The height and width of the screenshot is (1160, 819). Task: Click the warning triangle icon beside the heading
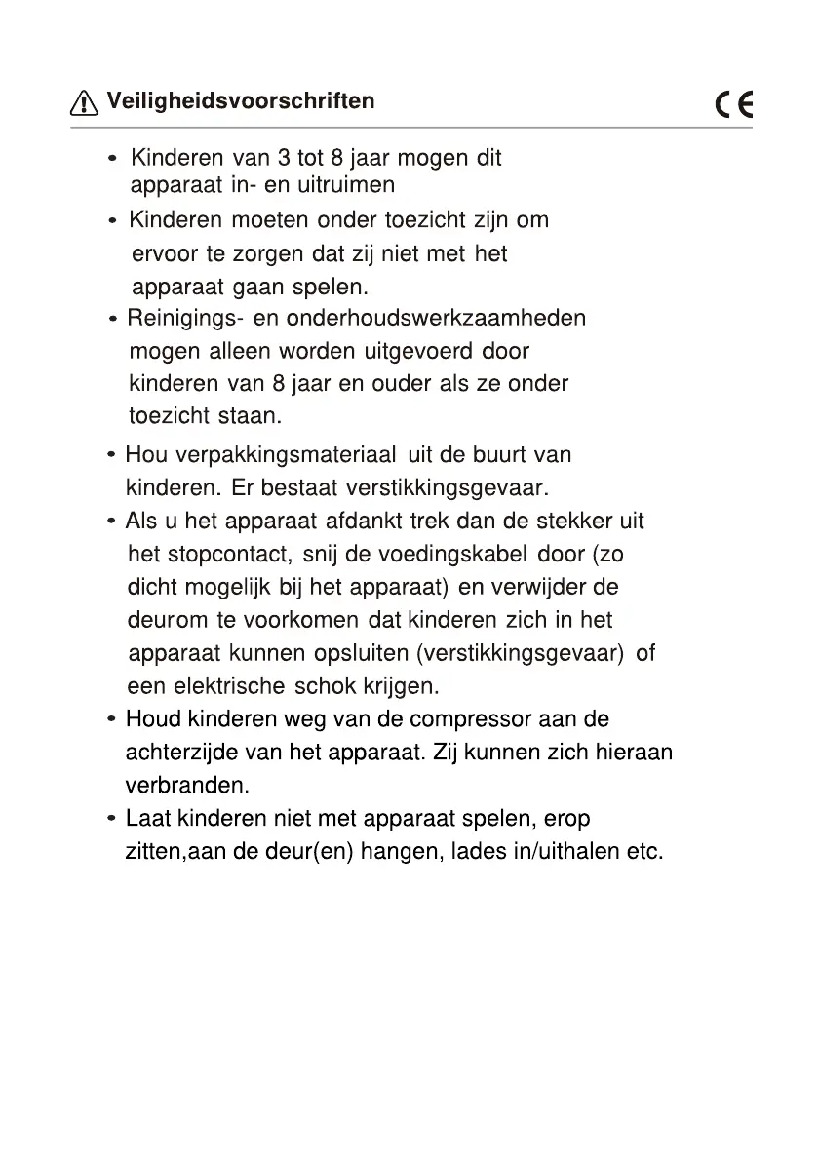pyautogui.click(x=85, y=102)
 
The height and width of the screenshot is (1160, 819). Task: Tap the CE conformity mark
pyautogui.click(x=734, y=104)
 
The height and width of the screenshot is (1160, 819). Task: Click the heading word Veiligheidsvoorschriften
pyautogui.click(x=240, y=101)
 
